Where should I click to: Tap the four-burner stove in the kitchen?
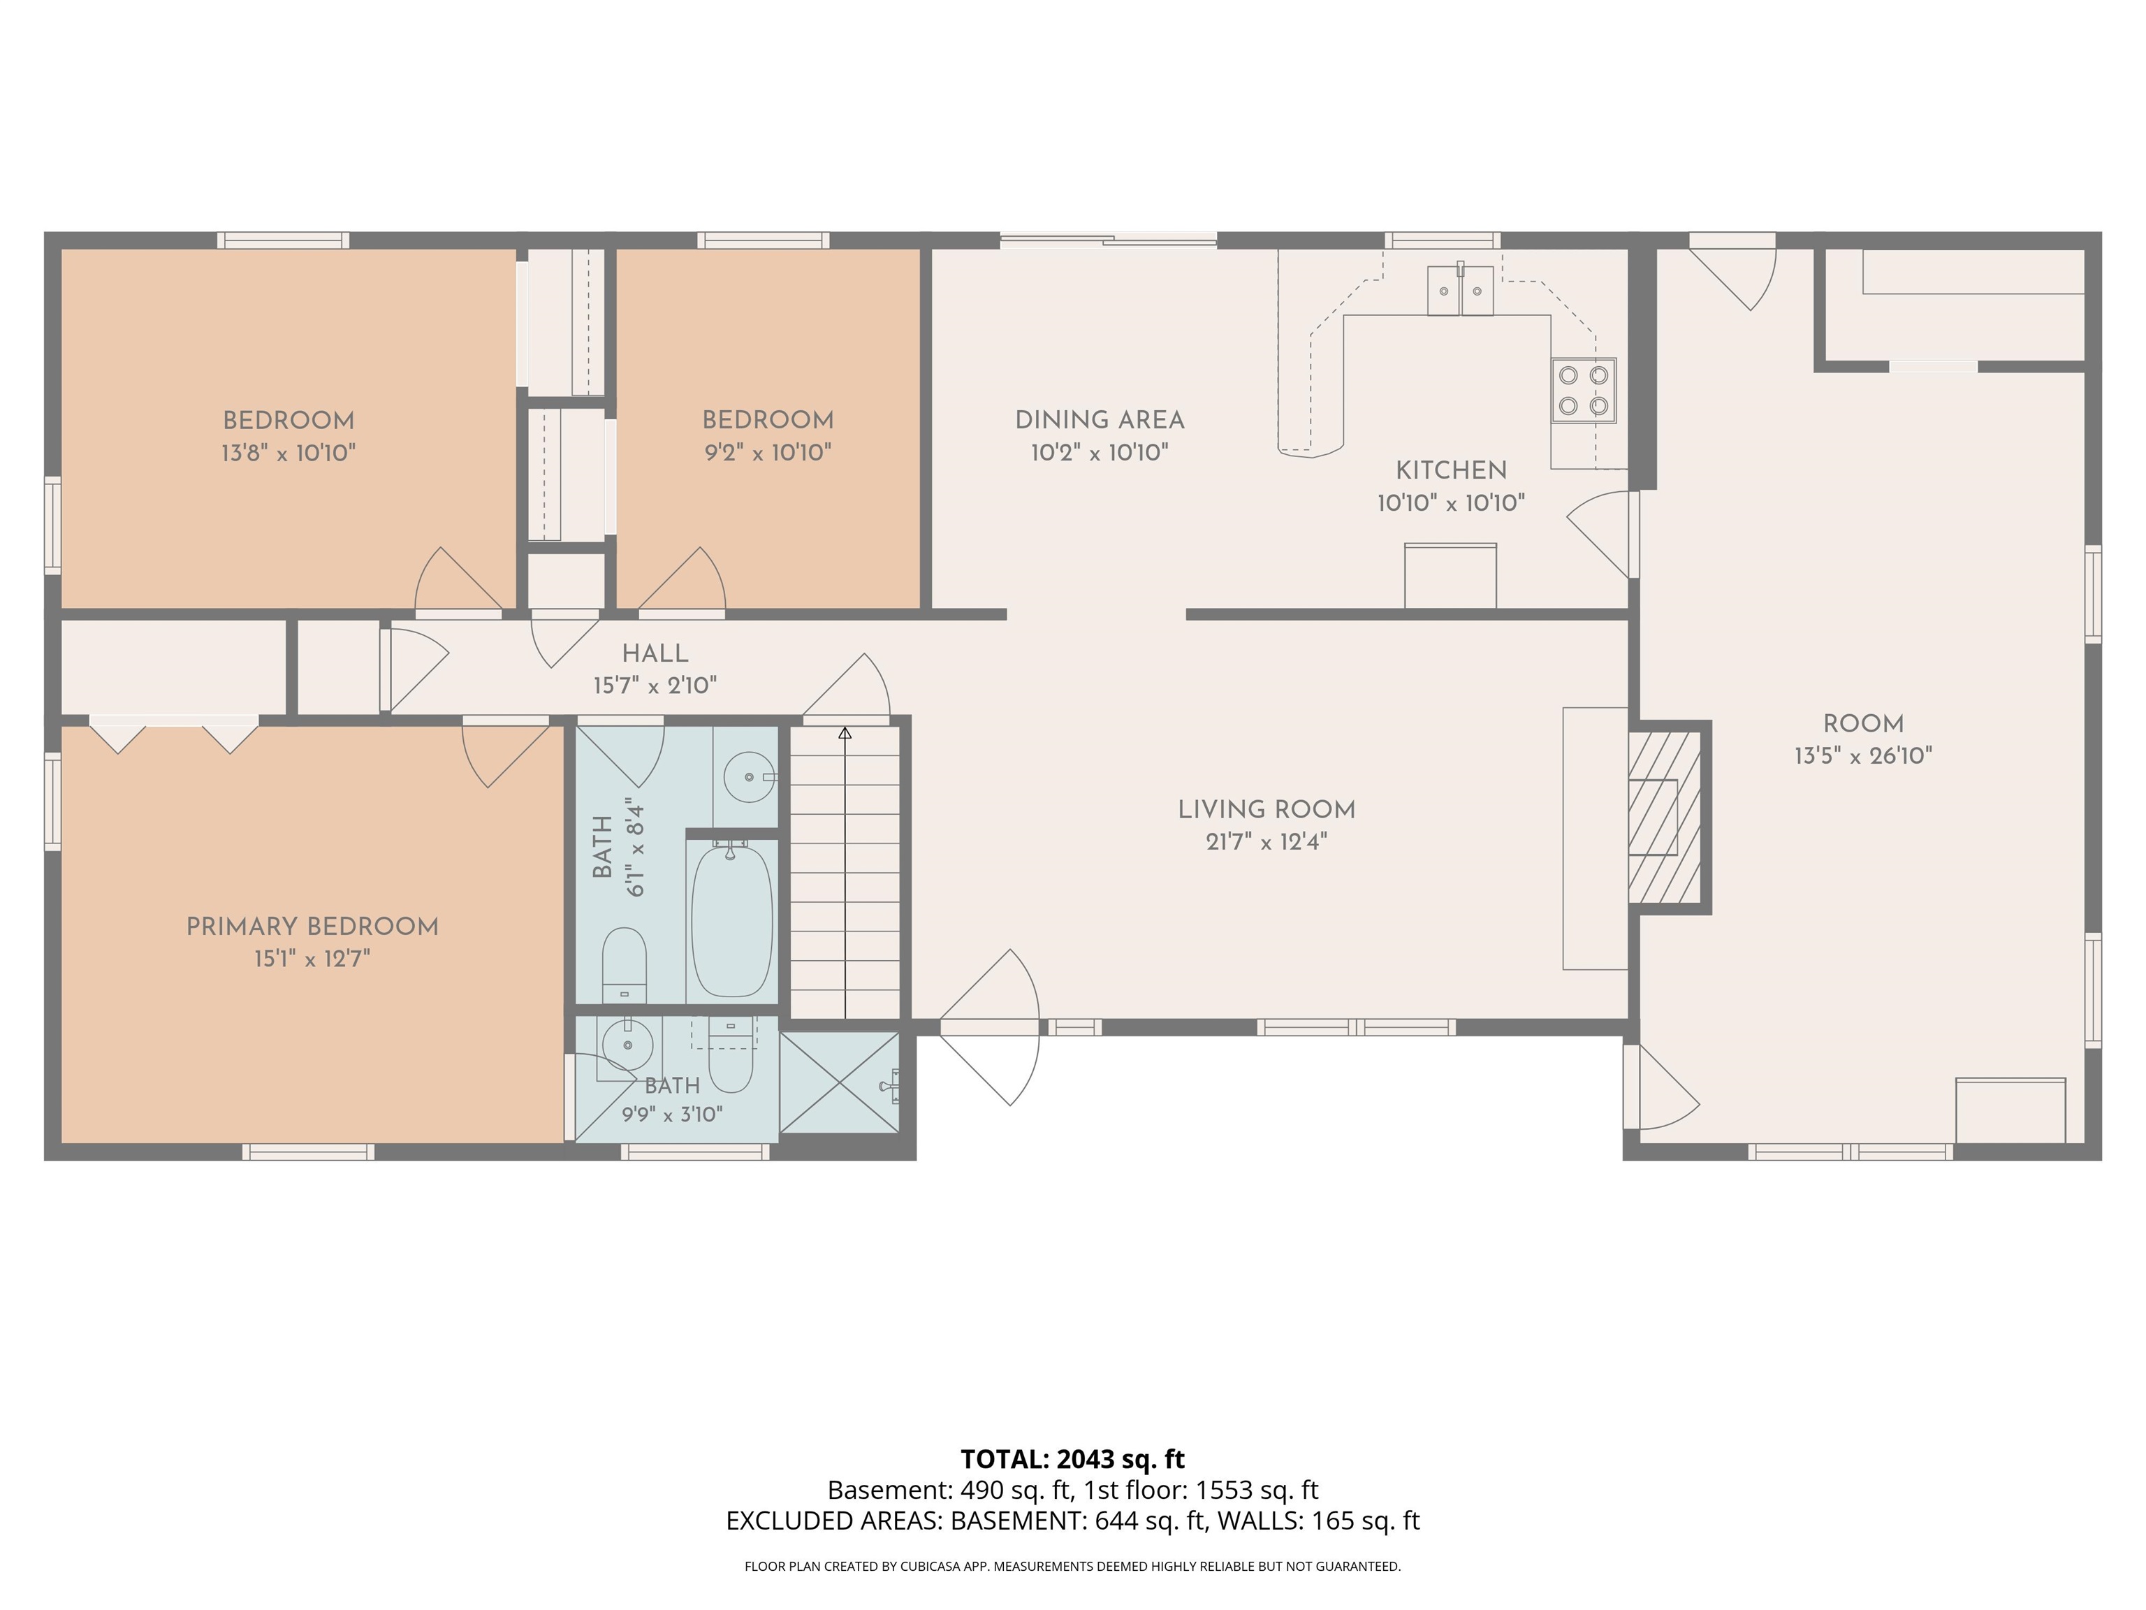click(1584, 391)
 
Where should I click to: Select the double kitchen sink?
click(1460, 290)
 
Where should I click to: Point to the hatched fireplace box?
click(1665, 816)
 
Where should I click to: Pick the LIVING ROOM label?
click(1266, 809)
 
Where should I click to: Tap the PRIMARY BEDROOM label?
click(312, 927)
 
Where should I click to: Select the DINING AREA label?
click(1099, 420)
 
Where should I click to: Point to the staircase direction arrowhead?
click(845, 734)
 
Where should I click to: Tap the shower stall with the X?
click(840, 1081)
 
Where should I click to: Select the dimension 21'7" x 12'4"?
click(1266, 841)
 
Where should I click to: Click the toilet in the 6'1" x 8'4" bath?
click(625, 964)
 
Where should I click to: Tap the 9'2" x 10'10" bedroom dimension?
click(768, 452)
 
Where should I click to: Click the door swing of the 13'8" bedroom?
click(458, 579)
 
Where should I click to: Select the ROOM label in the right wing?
click(1862, 724)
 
